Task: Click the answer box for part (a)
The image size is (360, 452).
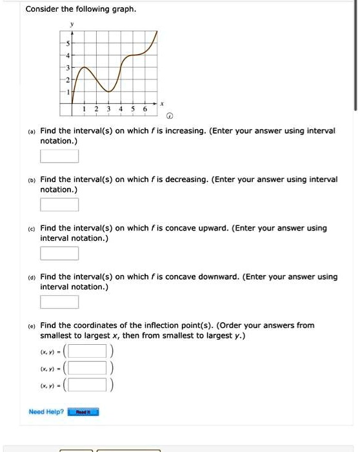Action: (x=59, y=156)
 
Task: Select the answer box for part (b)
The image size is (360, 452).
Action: (x=59, y=205)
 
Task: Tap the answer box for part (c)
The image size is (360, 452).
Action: (x=59, y=253)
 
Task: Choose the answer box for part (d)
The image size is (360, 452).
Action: (x=59, y=302)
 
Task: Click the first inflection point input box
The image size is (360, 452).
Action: (x=88, y=351)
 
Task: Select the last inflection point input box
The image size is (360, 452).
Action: (x=88, y=385)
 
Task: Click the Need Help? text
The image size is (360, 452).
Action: (x=46, y=411)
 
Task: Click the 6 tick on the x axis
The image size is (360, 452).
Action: (x=145, y=109)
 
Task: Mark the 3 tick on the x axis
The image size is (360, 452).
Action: (x=108, y=109)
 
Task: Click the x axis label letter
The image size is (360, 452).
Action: (x=163, y=103)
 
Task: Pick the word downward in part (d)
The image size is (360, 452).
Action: (x=212, y=276)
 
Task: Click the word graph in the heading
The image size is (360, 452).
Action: (x=123, y=10)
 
